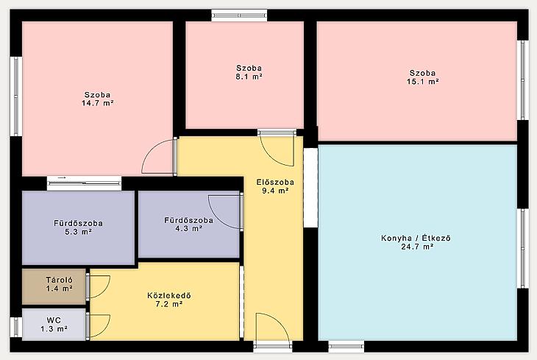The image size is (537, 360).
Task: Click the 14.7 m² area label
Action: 98,103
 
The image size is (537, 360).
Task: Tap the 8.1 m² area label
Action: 249,77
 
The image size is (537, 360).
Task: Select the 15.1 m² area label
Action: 423,82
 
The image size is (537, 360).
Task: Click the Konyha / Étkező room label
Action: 416,238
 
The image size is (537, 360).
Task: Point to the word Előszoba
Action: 275,183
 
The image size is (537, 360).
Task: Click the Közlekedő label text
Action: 169,295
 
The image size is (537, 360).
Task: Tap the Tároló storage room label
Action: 60,280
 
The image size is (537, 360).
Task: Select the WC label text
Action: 54,320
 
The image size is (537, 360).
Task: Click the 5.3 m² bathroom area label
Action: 79,232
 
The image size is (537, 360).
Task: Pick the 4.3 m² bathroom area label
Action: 189,228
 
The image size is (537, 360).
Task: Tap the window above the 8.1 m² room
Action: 239,15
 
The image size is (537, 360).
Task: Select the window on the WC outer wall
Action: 16,327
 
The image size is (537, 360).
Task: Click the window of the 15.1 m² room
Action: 522,80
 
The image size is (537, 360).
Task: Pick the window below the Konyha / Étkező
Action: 346,346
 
